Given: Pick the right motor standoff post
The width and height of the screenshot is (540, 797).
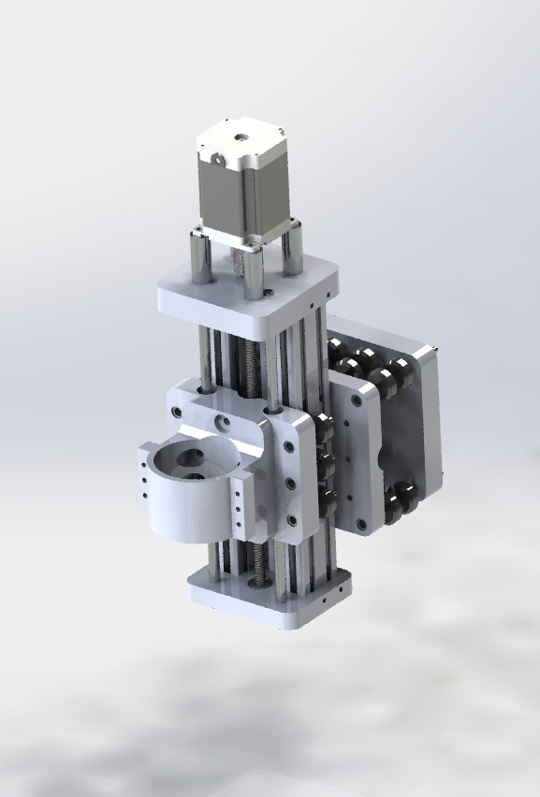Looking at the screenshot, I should pos(293,250).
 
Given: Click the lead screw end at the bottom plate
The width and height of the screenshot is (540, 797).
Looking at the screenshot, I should pos(254,581).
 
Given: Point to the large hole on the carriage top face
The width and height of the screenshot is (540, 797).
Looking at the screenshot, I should pos(223,422).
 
